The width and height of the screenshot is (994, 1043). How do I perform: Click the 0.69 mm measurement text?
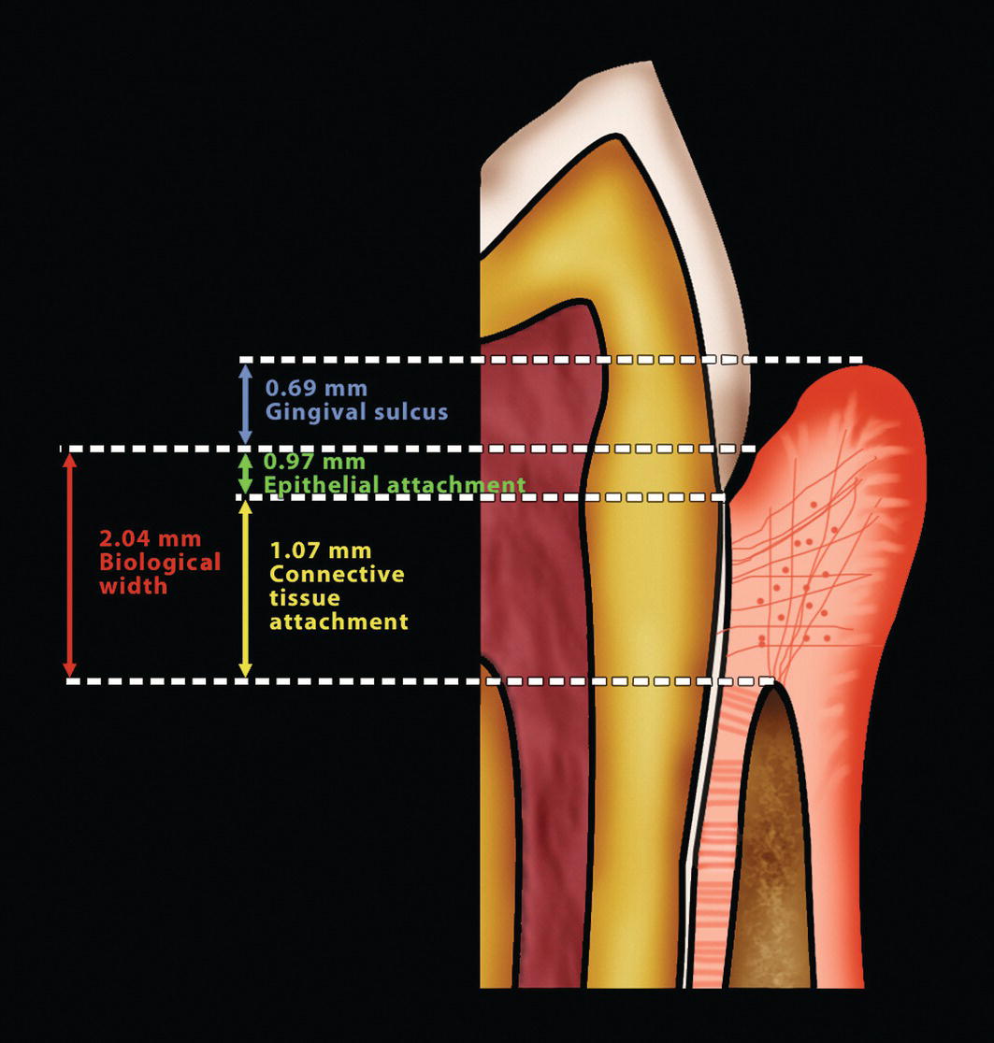tap(316, 388)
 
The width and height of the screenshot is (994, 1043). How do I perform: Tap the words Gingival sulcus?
tap(356, 411)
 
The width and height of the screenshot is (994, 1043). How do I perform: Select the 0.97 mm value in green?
tap(315, 462)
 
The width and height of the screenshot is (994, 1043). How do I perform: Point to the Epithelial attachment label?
tap(394, 485)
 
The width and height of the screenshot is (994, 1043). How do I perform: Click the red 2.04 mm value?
tap(150, 539)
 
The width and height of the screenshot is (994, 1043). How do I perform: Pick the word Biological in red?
tap(160, 563)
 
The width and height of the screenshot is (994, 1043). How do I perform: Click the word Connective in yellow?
tap(337, 574)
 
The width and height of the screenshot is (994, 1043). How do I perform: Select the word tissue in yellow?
tap(305, 597)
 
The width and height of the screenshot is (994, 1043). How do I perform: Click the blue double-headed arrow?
tap(245, 404)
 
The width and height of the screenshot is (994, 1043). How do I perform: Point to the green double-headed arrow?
tap(245, 473)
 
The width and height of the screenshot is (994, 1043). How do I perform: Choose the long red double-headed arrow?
tap(68, 564)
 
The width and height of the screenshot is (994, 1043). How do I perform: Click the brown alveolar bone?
tap(771, 841)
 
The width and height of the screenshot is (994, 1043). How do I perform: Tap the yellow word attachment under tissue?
tap(339, 621)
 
